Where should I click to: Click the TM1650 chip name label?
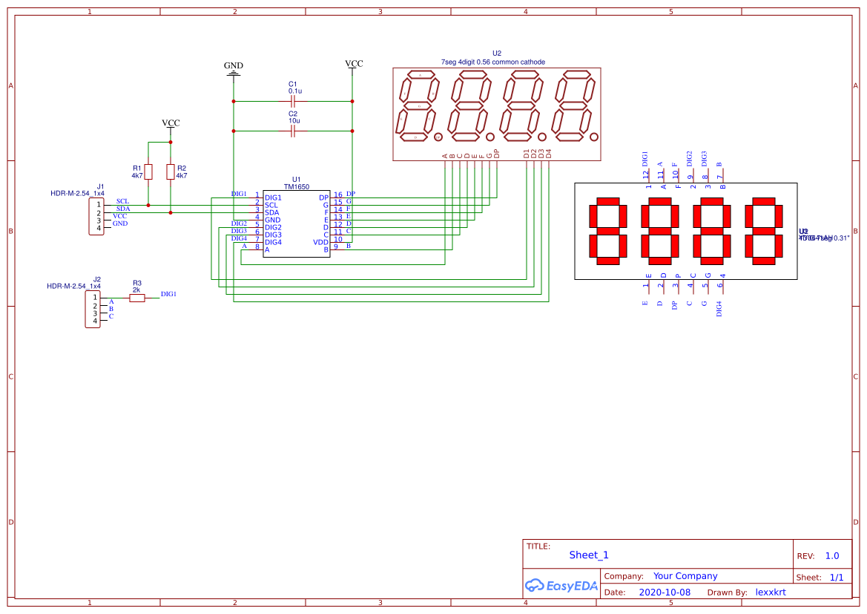pyautogui.click(x=297, y=187)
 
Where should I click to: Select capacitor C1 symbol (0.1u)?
pyautogui.click(x=293, y=100)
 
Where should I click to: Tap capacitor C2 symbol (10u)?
pyautogui.click(x=293, y=131)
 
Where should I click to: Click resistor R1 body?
pyautogui.click(x=148, y=172)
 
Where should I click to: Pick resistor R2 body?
pyautogui.click(x=171, y=172)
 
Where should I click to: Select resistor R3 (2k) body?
pyautogui.click(x=136, y=298)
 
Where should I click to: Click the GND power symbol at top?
pyautogui.click(x=234, y=71)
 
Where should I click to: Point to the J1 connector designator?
pyautogui.click(x=100, y=186)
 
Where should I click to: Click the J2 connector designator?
pyautogui.click(x=96, y=278)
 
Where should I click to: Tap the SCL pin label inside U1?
pyautogui.click(x=271, y=205)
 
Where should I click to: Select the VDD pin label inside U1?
pyautogui.click(x=320, y=242)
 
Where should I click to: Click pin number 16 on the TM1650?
pyautogui.click(x=337, y=195)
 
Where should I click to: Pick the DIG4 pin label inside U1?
pyautogui.click(x=273, y=242)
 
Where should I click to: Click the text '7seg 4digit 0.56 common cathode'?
pyautogui.click(x=492, y=62)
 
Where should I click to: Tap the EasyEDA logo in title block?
pyautogui.click(x=561, y=585)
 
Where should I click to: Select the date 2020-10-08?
pyautogui.click(x=664, y=592)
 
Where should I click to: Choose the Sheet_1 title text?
pyautogui.click(x=589, y=555)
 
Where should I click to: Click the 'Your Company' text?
pyautogui.click(x=685, y=576)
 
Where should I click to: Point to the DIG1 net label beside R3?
pyautogui.click(x=168, y=294)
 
